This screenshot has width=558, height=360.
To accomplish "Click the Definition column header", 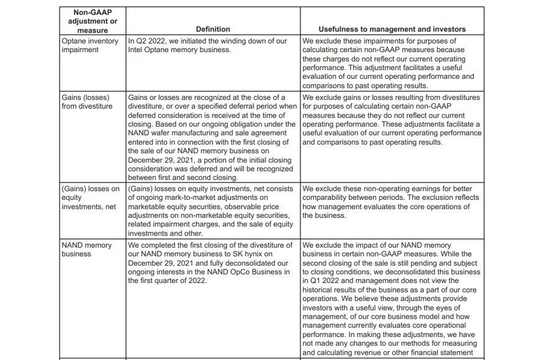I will point(213,29).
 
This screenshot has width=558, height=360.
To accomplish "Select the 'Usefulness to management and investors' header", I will point(392,29).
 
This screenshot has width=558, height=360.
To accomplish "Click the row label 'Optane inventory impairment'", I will point(89,45).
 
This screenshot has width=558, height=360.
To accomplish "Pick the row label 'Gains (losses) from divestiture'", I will point(88,102).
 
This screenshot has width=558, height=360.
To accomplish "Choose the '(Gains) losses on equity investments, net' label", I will point(91,197).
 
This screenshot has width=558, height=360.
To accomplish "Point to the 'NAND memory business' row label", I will point(87,250).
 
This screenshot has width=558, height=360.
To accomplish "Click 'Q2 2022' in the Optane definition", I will point(150,41).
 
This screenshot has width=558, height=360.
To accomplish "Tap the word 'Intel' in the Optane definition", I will point(137,50).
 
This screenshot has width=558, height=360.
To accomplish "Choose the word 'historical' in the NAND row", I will point(322,289).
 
